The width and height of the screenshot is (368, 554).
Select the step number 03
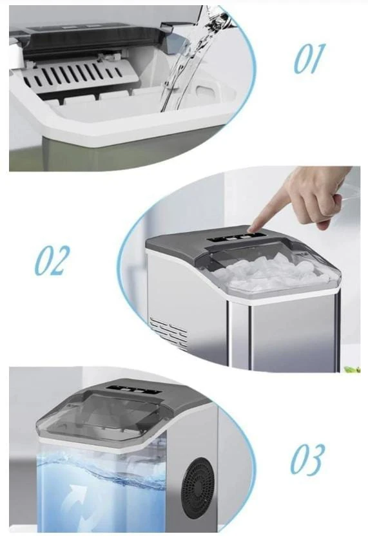tap(307, 459)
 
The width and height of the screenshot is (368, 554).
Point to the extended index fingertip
tap(251, 230)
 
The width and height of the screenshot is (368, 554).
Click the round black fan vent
tap(199, 488)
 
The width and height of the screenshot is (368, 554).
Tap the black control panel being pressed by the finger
tap(235, 238)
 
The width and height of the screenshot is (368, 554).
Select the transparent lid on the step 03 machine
tap(102, 417)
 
